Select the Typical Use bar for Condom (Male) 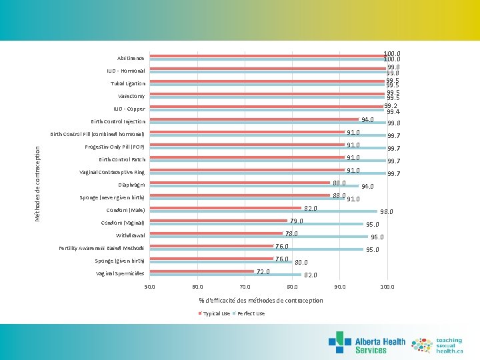pos(225,208)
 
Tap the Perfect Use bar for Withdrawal pos(259,237)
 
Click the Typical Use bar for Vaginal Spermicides pos(201,271)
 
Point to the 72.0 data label pos(263,271)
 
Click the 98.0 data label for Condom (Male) pos(387,212)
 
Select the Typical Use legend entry pos(214,313)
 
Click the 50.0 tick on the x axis pos(149,287)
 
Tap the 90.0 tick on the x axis pos(339,287)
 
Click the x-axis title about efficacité pos(261,301)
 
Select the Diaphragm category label pos(131,185)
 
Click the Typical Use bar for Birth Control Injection pos(254,119)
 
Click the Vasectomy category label pos(131,96)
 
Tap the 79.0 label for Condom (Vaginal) pos(296,221)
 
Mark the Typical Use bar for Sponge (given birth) pos(211,259)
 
